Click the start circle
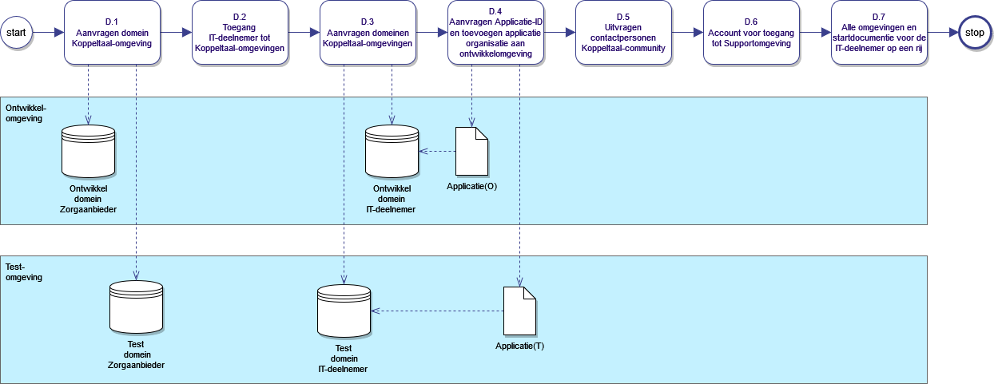[x=17, y=33]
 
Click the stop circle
[x=974, y=33]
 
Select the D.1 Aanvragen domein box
[x=112, y=33]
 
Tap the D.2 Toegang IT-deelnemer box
[x=240, y=33]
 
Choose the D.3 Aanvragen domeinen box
[x=368, y=33]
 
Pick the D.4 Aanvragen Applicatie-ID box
[x=495, y=33]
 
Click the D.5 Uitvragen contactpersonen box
[x=623, y=33]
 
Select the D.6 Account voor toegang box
[x=751, y=33]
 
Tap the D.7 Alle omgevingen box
[x=879, y=33]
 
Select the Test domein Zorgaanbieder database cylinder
[x=136, y=307]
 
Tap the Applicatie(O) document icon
[x=471, y=151]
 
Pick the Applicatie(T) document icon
[x=519, y=311]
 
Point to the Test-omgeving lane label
[x=24, y=271]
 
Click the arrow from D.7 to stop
[x=942, y=33]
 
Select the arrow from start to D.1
[x=49, y=33]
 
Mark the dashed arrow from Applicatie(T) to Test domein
[x=436, y=311]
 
